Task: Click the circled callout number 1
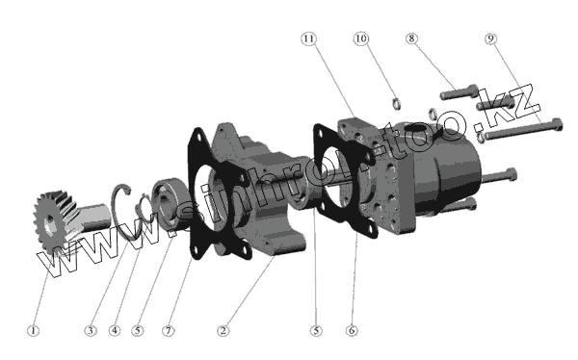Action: click(33, 330)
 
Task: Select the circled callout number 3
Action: click(91, 330)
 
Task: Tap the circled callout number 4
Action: click(115, 330)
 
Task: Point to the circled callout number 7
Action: click(169, 330)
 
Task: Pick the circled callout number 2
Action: click(223, 330)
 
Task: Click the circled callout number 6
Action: click(352, 330)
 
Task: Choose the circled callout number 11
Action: click(308, 39)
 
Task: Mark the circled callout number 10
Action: click(361, 39)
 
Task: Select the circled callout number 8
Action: click(411, 39)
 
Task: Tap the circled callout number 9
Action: click(490, 39)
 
